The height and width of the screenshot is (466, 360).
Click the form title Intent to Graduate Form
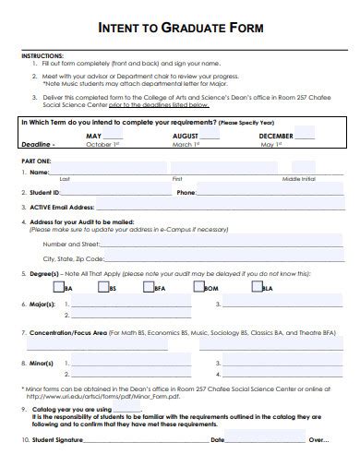pyautogui.click(x=180, y=29)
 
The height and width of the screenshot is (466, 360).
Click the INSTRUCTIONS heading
pyautogui.click(x=42, y=55)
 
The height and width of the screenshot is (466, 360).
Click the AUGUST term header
pyautogui.click(x=186, y=135)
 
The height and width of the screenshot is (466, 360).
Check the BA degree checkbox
pyautogui.click(x=59, y=287)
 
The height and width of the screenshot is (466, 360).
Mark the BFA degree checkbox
pyautogui.click(x=150, y=287)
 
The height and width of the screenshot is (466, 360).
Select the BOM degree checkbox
pyautogui.click(x=199, y=287)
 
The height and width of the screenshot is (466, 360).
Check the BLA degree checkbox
pyautogui.click(x=256, y=287)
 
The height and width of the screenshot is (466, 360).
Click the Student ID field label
pyautogui.click(x=45, y=193)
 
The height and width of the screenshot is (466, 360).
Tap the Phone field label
pyautogui.click(x=186, y=193)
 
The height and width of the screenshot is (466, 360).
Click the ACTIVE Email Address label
pyautogui.click(x=62, y=208)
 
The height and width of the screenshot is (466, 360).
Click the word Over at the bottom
pyautogui.click(x=316, y=440)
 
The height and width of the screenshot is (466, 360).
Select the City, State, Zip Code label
pyautogui.click(x=73, y=259)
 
